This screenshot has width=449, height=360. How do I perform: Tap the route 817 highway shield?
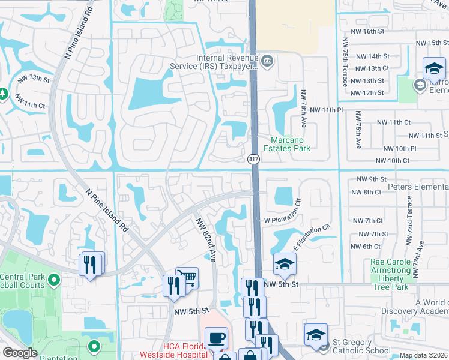(x=253, y=158)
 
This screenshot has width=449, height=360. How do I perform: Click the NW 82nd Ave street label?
(x=204, y=238)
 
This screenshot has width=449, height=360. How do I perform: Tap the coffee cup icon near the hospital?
(x=216, y=337)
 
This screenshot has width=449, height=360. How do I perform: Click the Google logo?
(x=20, y=353)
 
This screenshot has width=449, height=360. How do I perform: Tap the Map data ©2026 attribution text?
(x=423, y=355)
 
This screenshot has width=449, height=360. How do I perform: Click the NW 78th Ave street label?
(x=304, y=108)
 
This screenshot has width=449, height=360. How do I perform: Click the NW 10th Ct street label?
(x=392, y=161)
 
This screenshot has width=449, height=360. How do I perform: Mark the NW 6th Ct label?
(x=367, y=247)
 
